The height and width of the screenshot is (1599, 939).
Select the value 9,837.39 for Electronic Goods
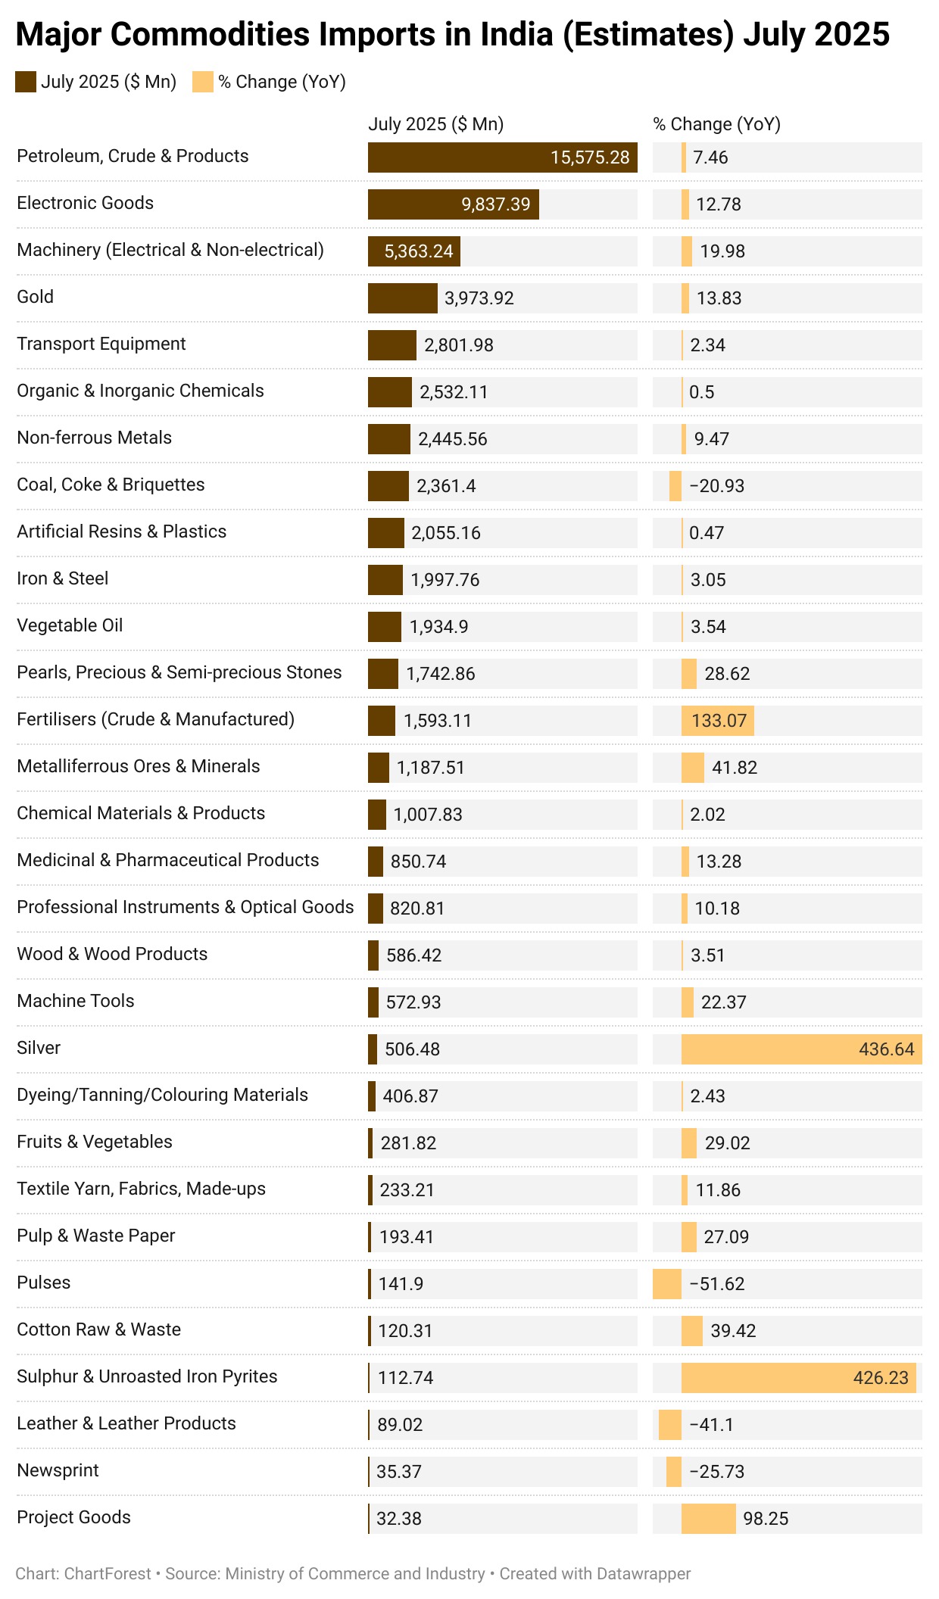point(496,204)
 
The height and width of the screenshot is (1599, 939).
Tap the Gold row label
point(36,297)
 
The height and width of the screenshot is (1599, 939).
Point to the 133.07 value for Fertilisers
point(719,721)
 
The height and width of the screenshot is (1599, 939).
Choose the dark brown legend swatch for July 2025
point(26,82)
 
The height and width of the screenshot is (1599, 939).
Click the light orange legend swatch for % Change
point(203,82)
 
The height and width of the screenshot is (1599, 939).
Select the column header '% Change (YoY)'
point(716,124)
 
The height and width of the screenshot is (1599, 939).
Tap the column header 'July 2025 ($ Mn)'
point(435,124)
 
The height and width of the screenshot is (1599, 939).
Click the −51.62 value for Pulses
point(717,1284)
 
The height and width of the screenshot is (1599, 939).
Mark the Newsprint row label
point(58,1470)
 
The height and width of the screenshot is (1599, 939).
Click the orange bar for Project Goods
point(708,1519)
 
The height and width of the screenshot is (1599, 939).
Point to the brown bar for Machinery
point(413,251)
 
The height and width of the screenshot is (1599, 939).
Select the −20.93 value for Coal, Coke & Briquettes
point(717,486)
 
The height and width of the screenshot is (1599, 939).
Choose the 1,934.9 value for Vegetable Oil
point(438,627)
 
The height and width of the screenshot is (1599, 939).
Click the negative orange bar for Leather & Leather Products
point(670,1425)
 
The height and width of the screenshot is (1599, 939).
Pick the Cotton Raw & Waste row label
point(99,1329)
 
